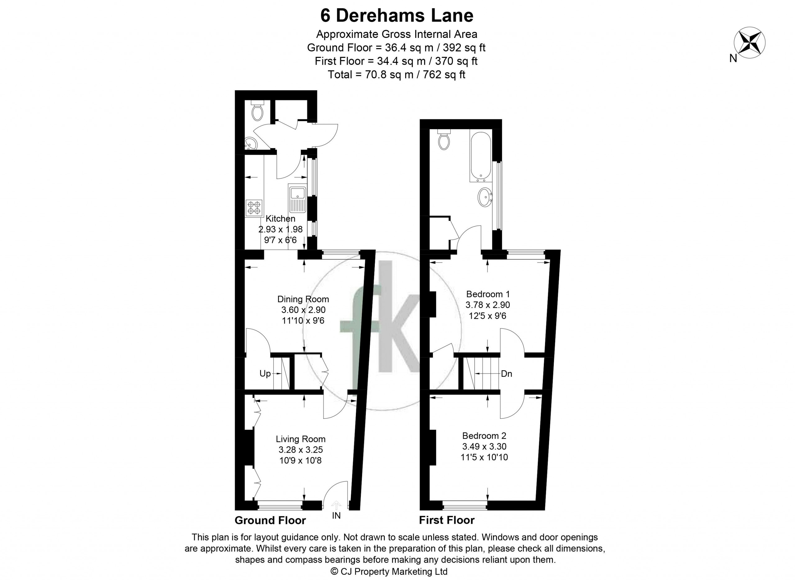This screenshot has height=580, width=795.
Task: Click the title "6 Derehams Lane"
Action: click(x=397, y=16)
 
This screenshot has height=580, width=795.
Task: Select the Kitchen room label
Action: click(x=280, y=219)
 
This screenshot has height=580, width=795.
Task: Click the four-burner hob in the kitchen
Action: click(x=254, y=207)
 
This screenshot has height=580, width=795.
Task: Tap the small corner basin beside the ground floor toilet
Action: click(x=251, y=143)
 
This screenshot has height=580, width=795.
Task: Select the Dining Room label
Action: click(x=303, y=299)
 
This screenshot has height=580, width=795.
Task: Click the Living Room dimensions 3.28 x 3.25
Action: click(x=301, y=450)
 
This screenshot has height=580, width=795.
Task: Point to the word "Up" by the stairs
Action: click(x=265, y=373)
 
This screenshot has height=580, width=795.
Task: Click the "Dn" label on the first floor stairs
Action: click(x=507, y=374)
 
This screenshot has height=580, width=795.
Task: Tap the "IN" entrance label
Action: click(x=336, y=516)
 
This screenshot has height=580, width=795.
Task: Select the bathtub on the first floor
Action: click(x=481, y=156)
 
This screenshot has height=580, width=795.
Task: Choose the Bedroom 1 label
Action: click(x=488, y=294)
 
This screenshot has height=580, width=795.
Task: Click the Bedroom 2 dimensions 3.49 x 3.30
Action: click(x=484, y=447)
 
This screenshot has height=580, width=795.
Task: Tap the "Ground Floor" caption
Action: click(x=270, y=520)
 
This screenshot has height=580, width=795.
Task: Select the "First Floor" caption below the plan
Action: click(x=447, y=520)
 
